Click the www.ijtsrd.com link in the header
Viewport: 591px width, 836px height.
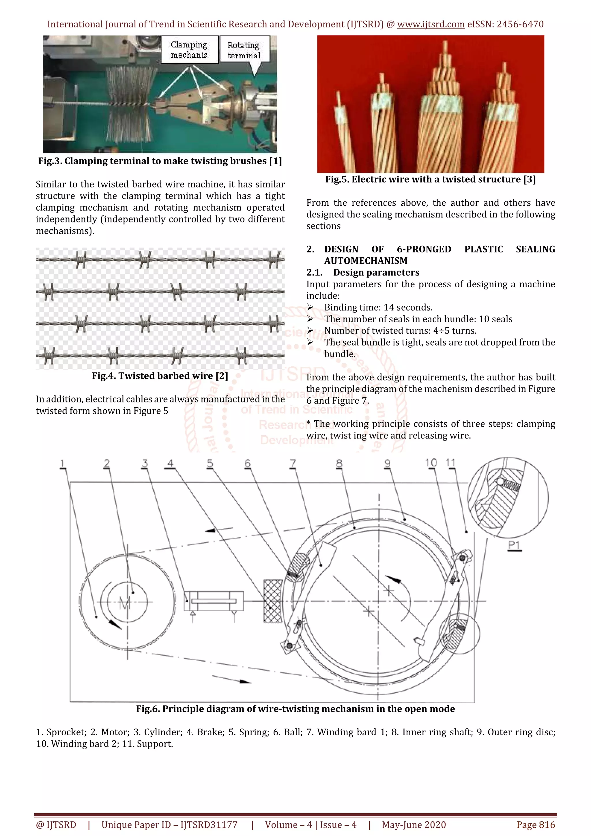tap(431, 25)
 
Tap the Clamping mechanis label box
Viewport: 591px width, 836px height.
tap(189, 50)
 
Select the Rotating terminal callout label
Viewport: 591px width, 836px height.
tap(243, 50)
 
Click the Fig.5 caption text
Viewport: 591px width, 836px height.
tap(431, 179)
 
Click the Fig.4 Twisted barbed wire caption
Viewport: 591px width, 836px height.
tap(160, 376)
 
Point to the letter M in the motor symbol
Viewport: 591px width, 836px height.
tap(125, 604)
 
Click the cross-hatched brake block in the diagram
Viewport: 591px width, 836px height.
tap(273, 601)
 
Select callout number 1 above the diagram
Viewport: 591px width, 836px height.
tap(63, 464)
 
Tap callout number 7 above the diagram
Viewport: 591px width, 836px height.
tap(293, 464)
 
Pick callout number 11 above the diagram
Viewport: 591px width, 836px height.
tap(450, 463)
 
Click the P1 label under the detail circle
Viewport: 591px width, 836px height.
tap(514, 545)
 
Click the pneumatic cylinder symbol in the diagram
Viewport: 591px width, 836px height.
tap(214, 601)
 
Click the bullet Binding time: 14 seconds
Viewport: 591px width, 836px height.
tap(378, 308)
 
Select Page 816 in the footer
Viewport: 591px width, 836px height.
tap(536, 825)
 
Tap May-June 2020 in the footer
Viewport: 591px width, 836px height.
tap(414, 825)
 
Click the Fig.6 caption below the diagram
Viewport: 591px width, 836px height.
tap(295, 709)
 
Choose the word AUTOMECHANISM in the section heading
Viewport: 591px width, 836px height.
tap(366, 261)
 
